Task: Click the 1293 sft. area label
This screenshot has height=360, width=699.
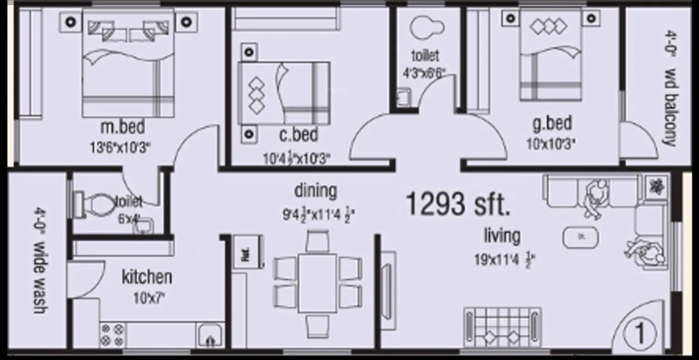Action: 458,204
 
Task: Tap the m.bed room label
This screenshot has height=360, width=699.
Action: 123,126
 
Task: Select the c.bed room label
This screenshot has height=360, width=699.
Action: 299,135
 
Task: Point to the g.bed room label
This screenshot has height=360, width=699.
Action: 552,124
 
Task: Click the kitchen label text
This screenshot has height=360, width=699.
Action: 147,277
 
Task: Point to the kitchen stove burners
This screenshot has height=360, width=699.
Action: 112,335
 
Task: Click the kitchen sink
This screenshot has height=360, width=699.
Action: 211,335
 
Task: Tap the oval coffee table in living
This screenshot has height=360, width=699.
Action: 580,237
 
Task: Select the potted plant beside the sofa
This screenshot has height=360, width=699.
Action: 656,186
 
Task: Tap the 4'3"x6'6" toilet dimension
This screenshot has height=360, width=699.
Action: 424,73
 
